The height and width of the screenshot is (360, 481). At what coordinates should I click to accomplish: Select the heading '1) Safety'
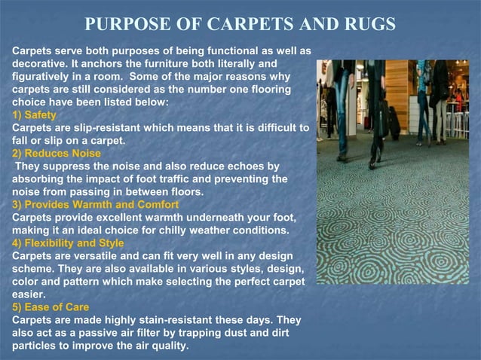tap(34, 115)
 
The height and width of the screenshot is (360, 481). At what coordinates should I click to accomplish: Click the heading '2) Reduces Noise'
tap(57, 154)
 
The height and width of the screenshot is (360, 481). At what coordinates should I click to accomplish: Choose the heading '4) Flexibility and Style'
tap(68, 243)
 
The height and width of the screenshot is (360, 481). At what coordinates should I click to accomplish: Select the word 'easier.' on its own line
tap(29, 294)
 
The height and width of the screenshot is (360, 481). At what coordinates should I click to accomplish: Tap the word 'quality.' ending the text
tap(167, 346)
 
